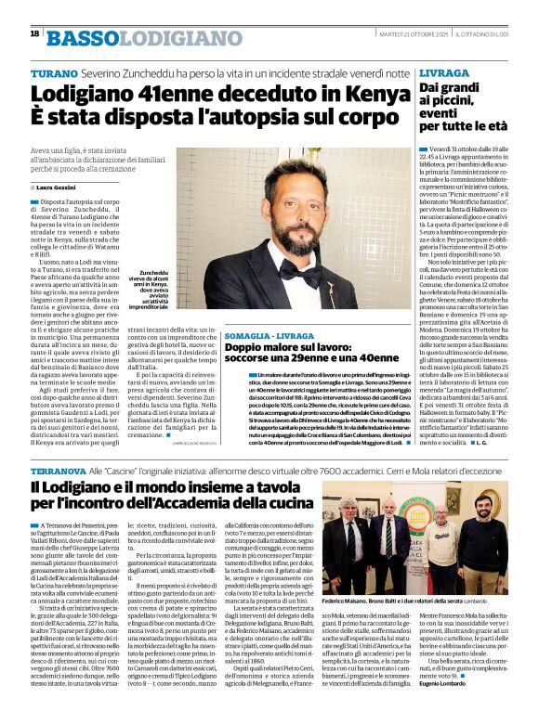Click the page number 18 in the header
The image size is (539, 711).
[34, 34]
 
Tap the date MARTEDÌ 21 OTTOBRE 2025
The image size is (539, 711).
[393, 34]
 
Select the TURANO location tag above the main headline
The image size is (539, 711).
[54, 73]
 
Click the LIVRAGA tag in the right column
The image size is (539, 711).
[443, 72]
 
